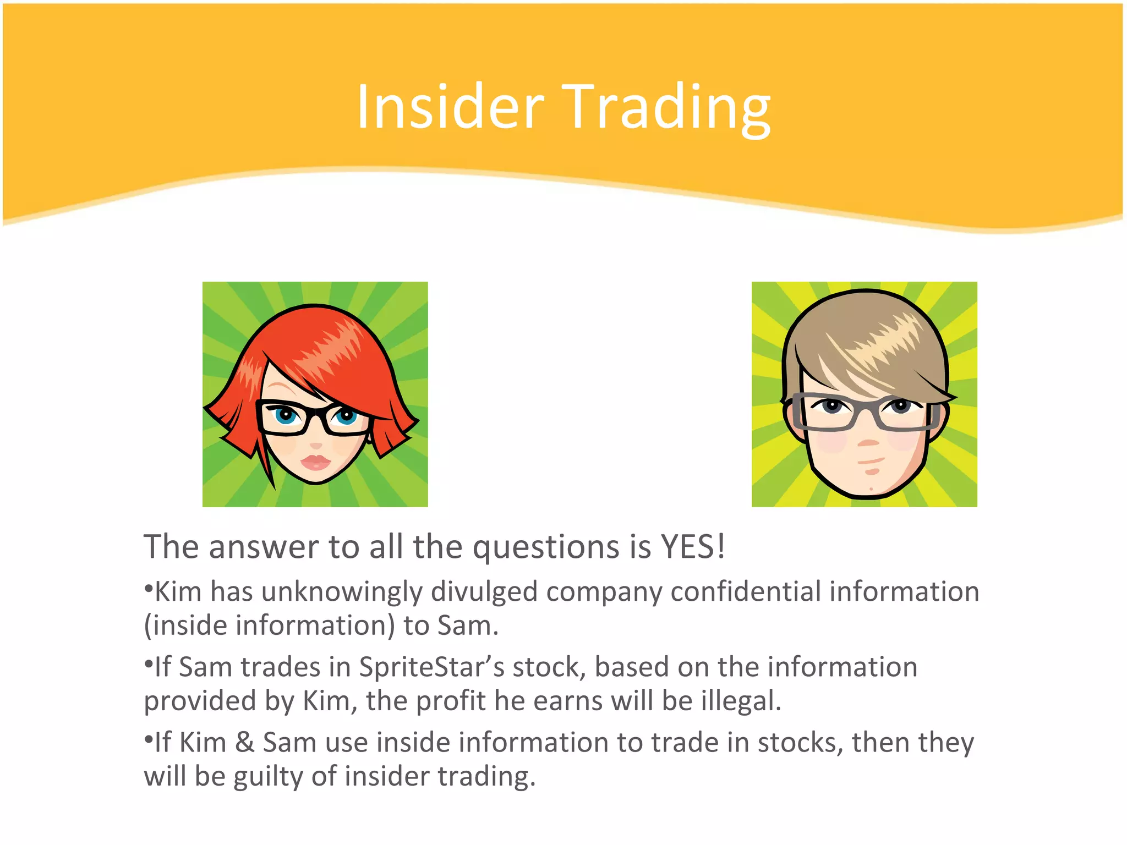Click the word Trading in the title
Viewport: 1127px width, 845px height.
click(666, 108)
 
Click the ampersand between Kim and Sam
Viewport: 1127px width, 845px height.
click(244, 742)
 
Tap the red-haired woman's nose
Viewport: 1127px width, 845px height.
click(315, 445)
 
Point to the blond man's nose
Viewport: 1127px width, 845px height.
click(868, 442)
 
